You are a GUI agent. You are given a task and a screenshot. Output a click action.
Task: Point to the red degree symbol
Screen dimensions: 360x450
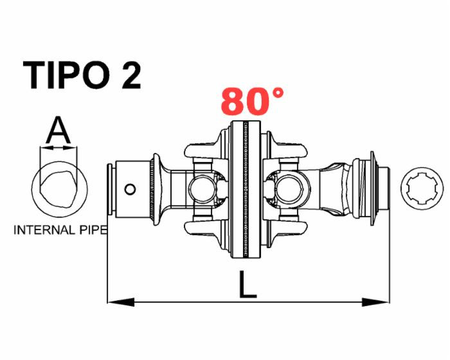(278, 93)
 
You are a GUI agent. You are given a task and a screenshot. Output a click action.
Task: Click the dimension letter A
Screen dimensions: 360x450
(59, 131)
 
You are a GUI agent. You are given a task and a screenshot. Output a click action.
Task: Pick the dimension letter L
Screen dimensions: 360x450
(247, 285)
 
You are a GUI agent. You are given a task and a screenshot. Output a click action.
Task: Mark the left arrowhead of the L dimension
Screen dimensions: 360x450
(120, 301)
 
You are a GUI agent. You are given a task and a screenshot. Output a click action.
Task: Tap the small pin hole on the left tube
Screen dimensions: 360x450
(130, 189)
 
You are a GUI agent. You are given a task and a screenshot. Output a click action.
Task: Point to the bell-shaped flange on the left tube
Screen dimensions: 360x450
(158, 188)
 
